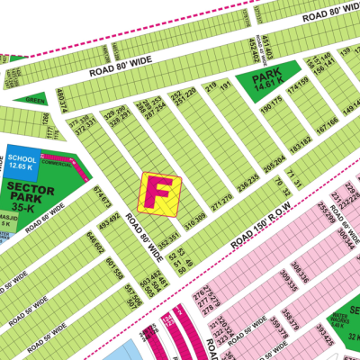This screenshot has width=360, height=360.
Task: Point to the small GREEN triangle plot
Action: [35, 100]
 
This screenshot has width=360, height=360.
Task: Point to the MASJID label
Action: [6, 217]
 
